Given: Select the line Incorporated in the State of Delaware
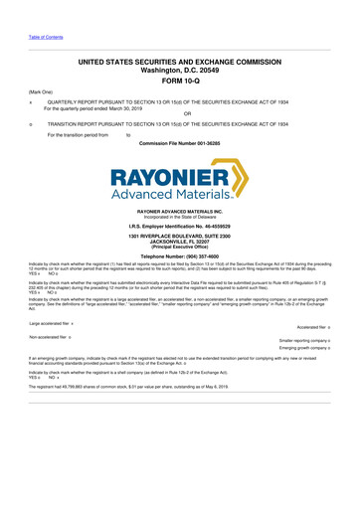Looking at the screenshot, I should coord(180,216).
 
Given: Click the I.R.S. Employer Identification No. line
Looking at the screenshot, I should coord(180,226).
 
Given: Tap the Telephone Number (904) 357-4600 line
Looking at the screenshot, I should coord(180,255).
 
